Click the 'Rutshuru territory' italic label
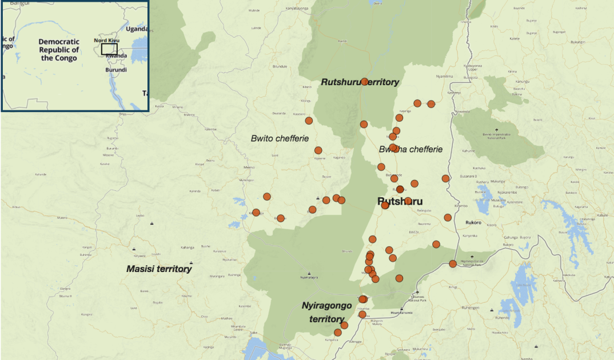point(360,82)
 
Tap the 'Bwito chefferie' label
point(280,138)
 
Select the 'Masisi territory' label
point(159,269)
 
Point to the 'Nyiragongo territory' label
point(326,312)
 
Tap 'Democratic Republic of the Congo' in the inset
point(58,50)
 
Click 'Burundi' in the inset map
point(116,70)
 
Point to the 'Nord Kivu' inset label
point(106,41)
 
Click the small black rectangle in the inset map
point(109,49)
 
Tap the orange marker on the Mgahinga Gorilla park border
point(453,263)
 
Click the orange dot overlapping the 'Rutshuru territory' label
point(364,82)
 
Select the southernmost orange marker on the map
point(337,333)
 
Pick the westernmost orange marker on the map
point(256,213)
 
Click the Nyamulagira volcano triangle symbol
point(309,273)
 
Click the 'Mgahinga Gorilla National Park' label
point(473,263)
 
